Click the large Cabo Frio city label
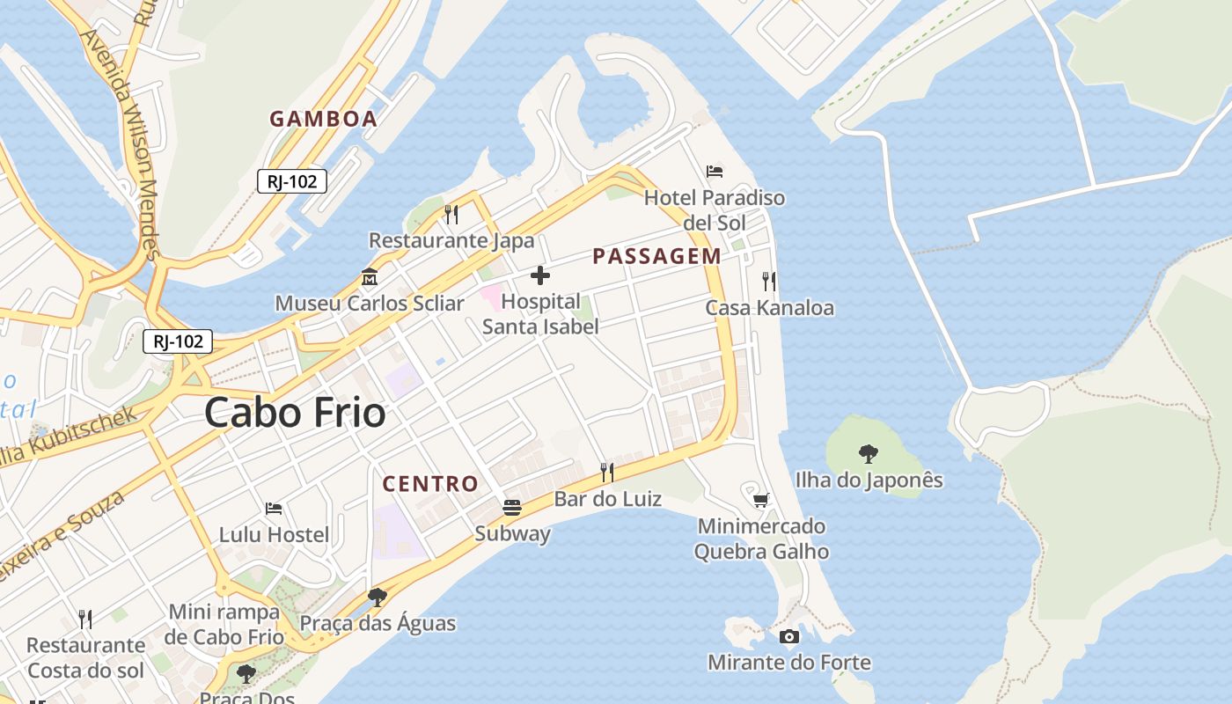295,413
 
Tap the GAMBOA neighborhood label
323,119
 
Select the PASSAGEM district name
656,256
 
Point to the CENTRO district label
430,483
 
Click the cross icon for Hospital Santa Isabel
540,276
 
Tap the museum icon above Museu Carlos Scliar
370,277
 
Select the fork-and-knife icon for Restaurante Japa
451,214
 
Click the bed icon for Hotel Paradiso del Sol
715,171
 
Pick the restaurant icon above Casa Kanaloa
769,282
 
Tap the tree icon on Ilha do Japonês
869,454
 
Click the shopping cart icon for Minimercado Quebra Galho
761,500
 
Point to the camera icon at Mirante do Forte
789,636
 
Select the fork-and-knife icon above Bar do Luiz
607,473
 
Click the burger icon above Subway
512,507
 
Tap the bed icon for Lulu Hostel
274,508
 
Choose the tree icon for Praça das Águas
378,598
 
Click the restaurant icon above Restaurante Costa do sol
85,619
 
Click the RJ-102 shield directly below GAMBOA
292,181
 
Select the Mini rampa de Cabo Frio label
224,624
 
